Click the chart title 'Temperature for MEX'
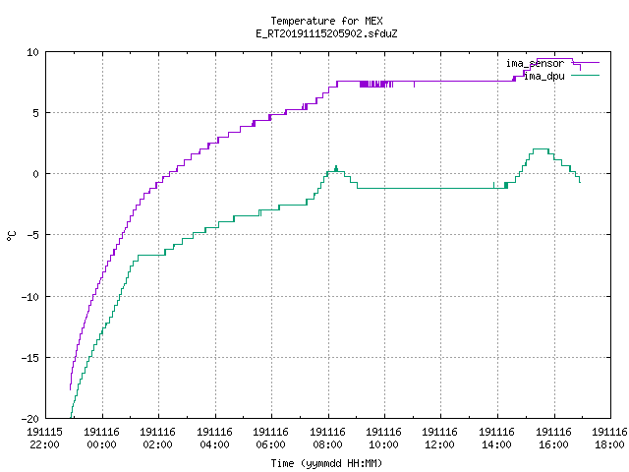tap(326, 21)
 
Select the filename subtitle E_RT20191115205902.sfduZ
tap(326, 33)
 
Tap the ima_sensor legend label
tap(535, 63)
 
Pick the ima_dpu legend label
tap(544, 76)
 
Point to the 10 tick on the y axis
tap(32, 52)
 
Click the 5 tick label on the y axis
tap(36, 113)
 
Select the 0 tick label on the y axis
tap(36, 174)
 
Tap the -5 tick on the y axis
tap(32, 235)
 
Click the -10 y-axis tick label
tap(30, 297)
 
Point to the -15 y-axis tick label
tap(30, 358)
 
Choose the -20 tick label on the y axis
tap(30, 419)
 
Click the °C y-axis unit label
tap(11, 236)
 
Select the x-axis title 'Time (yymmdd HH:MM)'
tap(326, 463)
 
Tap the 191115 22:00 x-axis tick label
tap(44, 439)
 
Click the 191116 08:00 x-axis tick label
tap(327, 439)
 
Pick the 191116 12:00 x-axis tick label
tap(440, 439)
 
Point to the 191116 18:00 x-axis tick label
tap(609, 439)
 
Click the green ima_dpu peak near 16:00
tap(541, 149)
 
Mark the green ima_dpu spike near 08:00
tap(336, 166)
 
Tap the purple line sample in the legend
tap(586, 63)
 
